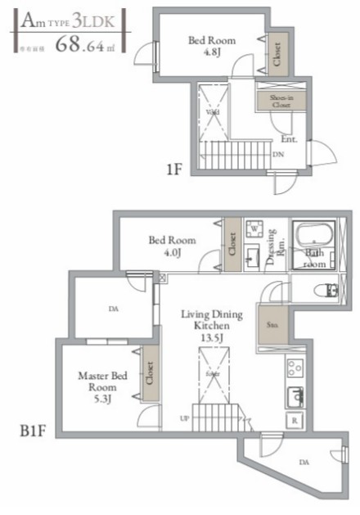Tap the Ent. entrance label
[x=288, y=139]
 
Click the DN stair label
[x=278, y=153]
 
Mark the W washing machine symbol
[x=254, y=227]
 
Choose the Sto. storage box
[x=271, y=323]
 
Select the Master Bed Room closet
[x=150, y=376]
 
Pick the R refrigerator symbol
[x=293, y=421]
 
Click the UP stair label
[x=183, y=418]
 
